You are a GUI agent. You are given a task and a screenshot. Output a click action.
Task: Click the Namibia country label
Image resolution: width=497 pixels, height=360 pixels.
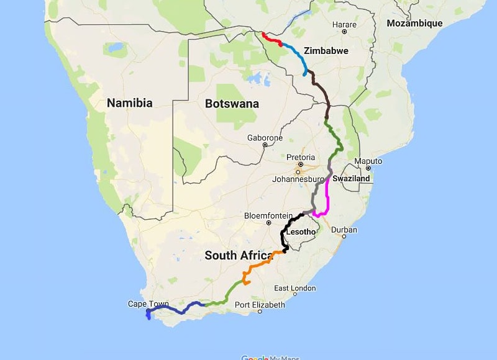click(x=129, y=103)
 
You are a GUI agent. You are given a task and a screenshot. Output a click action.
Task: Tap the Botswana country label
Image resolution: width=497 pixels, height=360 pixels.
click(x=232, y=104)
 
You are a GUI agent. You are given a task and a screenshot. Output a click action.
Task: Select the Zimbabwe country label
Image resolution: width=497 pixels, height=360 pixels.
click(x=326, y=51)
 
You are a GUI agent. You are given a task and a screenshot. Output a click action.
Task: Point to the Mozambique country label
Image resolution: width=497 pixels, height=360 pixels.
click(x=414, y=24)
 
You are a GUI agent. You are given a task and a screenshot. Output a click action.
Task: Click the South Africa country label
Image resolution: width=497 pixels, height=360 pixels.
click(x=239, y=255)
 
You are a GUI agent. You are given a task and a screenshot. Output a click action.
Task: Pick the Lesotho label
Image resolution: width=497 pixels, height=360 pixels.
click(x=301, y=233)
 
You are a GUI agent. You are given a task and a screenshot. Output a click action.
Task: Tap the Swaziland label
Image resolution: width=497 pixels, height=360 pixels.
click(x=351, y=178)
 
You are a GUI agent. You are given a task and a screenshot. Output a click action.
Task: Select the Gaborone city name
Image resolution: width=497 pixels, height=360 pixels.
click(x=265, y=138)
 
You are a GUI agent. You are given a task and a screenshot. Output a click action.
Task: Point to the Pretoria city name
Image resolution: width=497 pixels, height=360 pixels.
click(x=301, y=158)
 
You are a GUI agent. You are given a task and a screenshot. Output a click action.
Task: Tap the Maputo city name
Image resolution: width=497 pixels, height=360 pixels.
click(x=368, y=161)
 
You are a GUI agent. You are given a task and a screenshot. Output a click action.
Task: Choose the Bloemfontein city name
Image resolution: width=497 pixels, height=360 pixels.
click(x=268, y=215)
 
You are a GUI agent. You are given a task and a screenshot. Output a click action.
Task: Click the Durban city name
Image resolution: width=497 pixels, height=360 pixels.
click(x=344, y=230)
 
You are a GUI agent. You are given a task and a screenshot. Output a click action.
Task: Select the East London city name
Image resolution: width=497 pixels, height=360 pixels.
click(x=295, y=288)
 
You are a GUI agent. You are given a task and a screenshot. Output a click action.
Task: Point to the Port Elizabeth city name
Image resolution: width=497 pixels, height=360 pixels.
click(x=260, y=305)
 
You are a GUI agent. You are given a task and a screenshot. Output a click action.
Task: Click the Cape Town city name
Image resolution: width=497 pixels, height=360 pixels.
click(x=148, y=304)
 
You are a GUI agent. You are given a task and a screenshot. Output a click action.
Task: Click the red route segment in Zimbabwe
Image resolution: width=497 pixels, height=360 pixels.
click(x=271, y=39)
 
